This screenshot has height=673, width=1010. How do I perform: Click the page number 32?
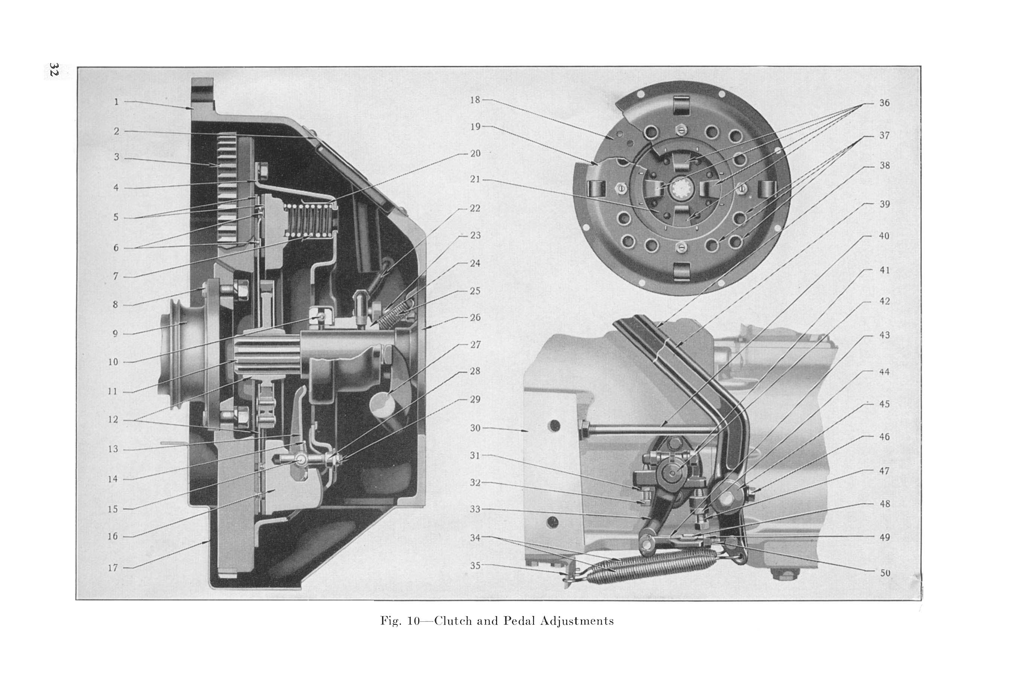coord(53,70)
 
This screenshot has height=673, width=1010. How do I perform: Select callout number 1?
coord(116,102)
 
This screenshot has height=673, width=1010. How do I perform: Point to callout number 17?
coord(113,568)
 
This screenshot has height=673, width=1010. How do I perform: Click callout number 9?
coord(115,334)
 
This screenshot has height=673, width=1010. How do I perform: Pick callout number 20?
coord(475,154)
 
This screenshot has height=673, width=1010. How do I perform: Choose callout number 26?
coord(475,317)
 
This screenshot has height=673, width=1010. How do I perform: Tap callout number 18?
coord(475,100)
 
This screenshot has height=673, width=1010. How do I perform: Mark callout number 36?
coord(885,103)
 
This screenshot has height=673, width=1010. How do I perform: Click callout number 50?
coord(885,573)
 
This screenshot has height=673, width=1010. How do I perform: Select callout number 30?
coord(475,428)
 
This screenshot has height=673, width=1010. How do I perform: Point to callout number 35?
coord(475,566)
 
